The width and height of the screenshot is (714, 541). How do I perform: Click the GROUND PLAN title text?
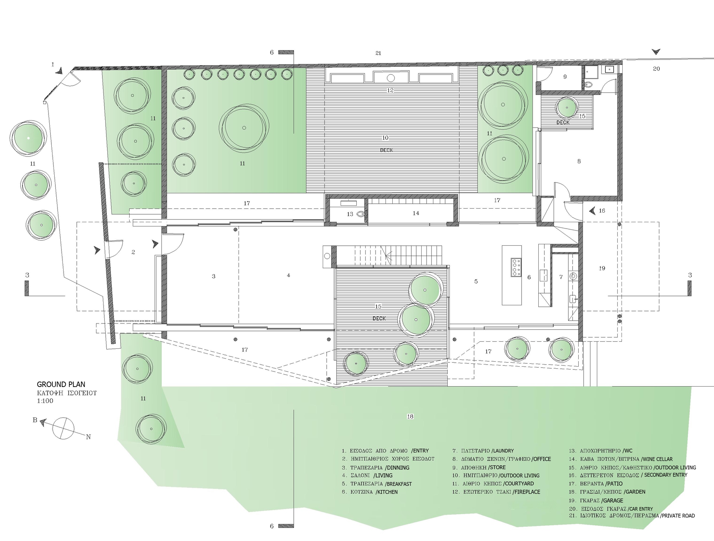point(61,384)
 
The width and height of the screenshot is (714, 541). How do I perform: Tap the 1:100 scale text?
point(45,401)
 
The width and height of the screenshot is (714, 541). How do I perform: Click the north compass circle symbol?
point(63,428)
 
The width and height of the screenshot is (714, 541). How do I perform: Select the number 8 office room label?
point(579,162)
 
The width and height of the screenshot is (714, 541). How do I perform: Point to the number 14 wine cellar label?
point(416,213)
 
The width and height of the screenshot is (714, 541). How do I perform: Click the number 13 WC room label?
point(350,214)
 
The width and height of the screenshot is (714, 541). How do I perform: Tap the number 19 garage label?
point(602,268)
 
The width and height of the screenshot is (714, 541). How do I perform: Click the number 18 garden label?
point(410,416)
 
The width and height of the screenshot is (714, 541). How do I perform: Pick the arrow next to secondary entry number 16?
point(592,211)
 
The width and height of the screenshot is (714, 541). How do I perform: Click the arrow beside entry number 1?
point(60,71)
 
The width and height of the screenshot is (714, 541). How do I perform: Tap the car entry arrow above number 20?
point(656,52)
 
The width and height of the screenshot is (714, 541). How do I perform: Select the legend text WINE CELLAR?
point(657,459)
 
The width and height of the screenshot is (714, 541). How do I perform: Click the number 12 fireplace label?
point(390,91)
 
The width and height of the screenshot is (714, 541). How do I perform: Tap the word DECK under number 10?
point(386,150)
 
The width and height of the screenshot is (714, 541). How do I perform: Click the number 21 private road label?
point(378,53)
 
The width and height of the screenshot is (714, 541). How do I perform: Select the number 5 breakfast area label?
point(476,281)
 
